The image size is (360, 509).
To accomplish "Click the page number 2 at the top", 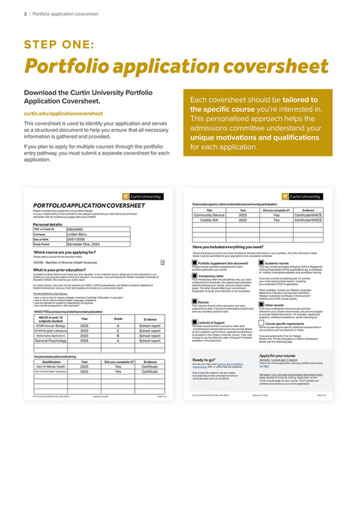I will pos(25,13).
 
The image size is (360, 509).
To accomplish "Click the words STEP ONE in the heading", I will pos(58,44).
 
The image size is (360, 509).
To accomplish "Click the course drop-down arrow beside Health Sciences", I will pos(163,261).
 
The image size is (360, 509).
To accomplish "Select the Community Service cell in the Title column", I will pos(210,215).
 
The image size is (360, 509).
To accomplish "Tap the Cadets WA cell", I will pos(210,220).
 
